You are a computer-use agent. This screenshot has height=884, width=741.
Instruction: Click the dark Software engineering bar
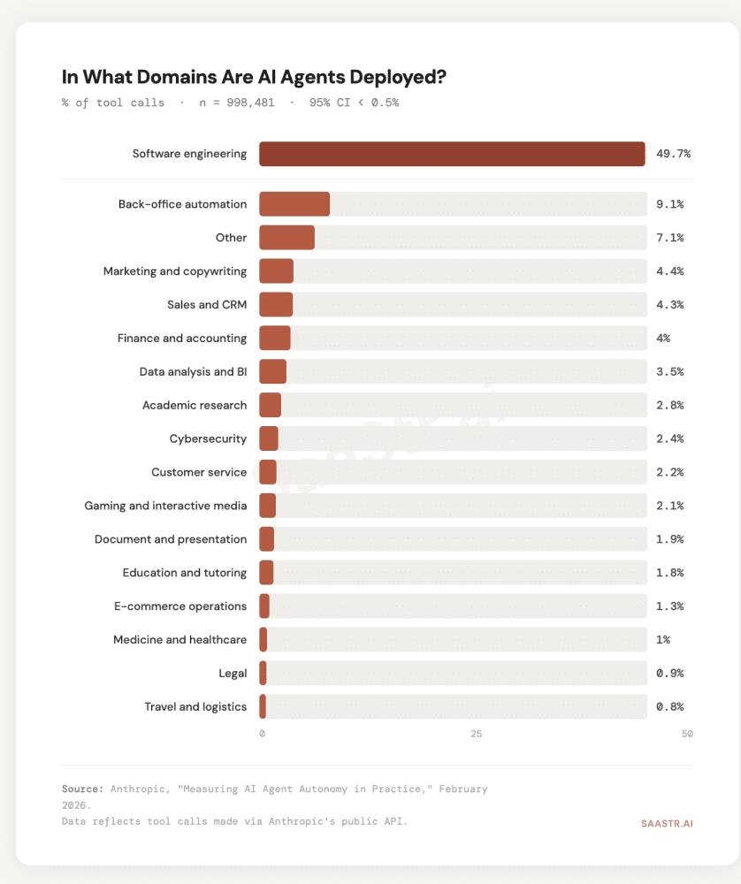point(452,154)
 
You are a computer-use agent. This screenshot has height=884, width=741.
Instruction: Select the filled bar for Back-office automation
point(294,204)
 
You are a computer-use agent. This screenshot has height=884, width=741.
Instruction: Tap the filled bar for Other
point(286,238)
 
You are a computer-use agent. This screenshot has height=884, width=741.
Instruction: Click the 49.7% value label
point(673,154)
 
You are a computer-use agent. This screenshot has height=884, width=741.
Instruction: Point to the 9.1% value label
point(669,204)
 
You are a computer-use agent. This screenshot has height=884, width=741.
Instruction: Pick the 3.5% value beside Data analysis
point(669,371)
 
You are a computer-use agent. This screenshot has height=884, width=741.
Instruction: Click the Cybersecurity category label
point(208,438)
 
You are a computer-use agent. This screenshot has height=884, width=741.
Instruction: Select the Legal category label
point(233,674)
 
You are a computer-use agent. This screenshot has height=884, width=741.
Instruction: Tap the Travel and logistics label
point(195,707)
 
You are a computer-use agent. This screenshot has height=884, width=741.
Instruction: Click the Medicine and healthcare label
point(180,640)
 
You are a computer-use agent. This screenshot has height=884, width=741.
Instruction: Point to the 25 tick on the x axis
point(477,735)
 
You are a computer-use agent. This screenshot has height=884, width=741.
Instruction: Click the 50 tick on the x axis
point(687,735)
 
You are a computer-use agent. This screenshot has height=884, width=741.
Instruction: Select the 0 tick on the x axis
point(262,735)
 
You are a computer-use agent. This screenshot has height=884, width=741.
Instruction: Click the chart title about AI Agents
point(254,78)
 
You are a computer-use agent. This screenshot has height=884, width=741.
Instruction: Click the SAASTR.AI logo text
point(667,823)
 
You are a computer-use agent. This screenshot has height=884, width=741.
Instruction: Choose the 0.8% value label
point(669,707)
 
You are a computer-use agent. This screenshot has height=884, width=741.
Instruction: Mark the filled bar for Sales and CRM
point(276,305)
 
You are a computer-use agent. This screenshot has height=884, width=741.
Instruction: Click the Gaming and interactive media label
point(165,506)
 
